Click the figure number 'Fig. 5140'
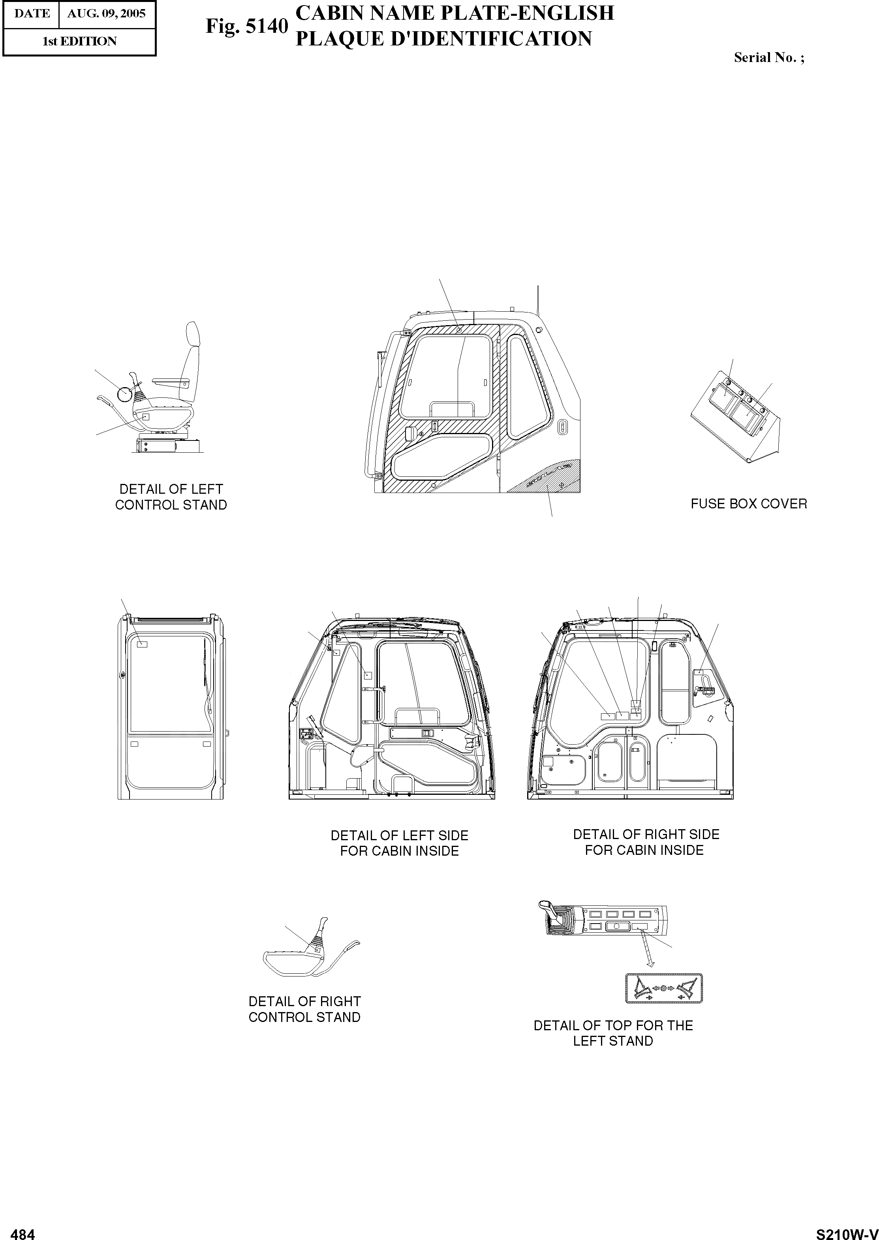click(x=246, y=26)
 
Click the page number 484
click(x=23, y=1230)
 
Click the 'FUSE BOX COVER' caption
click(x=749, y=504)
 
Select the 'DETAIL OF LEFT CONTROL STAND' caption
click(x=171, y=497)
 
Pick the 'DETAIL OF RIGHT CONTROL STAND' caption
click(x=304, y=1009)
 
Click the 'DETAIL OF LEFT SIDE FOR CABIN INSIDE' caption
click(x=400, y=843)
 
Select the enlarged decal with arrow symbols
click(x=663, y=988)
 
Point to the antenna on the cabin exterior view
click(x=537, y=299)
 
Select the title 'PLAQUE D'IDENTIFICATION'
click(x=443, y=39)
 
